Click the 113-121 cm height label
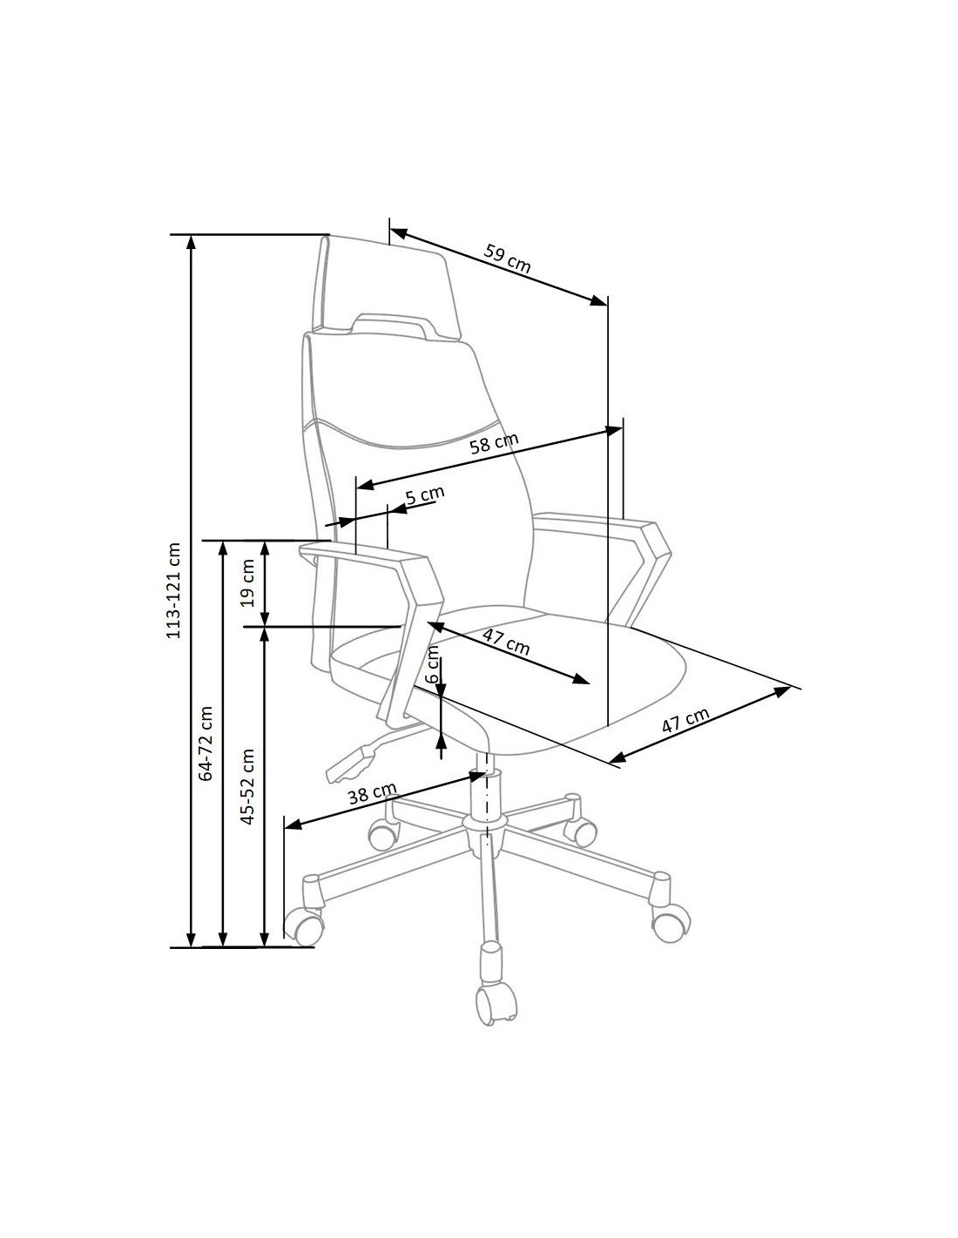(x=174, y=590)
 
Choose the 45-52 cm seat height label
(x=247, y=786)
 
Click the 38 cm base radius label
(x=372, y=793)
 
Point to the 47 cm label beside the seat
(x=685, y=720)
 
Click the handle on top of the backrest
(x=392, y=323)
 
